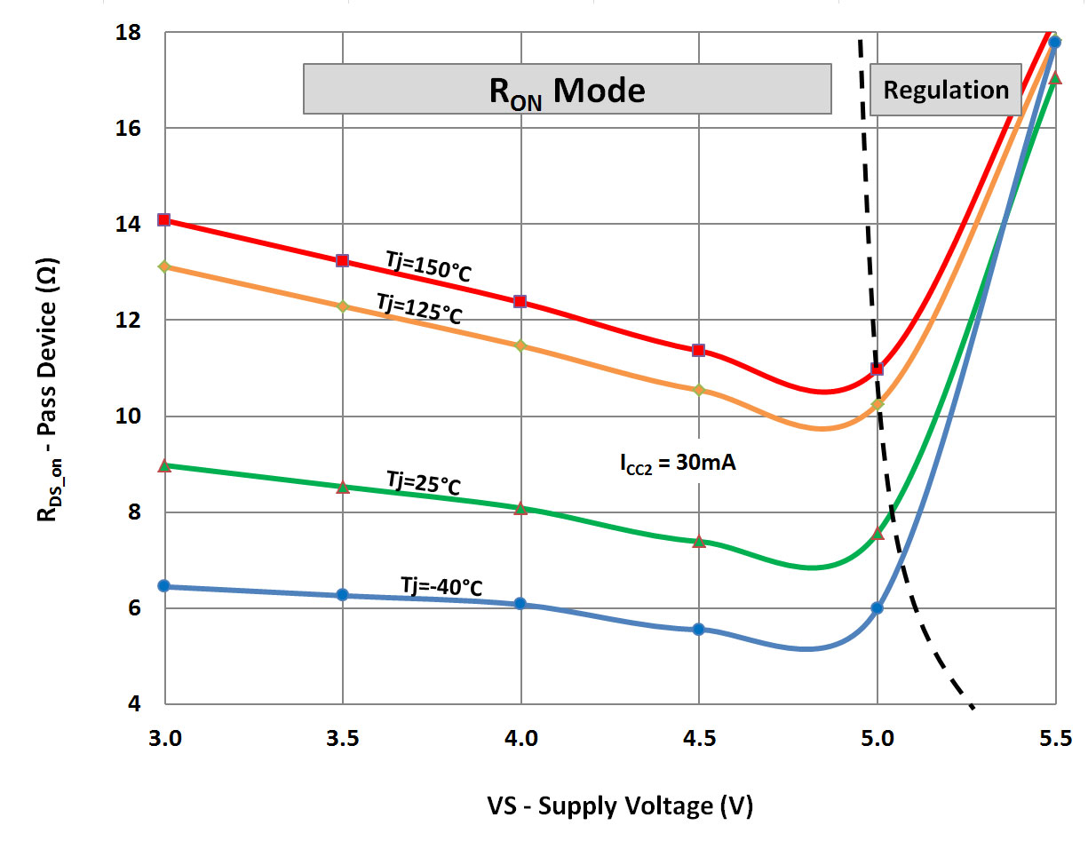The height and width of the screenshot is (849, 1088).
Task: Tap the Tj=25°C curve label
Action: click(x=423, y=484)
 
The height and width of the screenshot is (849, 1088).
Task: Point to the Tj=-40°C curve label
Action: click(x=441, y=586)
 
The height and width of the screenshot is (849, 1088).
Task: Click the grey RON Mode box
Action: click(x=567, y=89)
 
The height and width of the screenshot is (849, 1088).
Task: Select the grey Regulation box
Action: click(x=945, y=90)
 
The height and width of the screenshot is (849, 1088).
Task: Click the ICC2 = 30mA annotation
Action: click(x=678, y=464)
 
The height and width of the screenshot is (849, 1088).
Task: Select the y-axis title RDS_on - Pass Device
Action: click(x=50, y=368)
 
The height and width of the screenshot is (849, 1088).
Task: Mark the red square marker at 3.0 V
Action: click(x=163, y=219)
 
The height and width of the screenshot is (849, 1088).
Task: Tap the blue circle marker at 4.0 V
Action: click(x=520, y=604)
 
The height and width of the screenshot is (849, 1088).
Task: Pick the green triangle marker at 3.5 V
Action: click(x=343, y=487)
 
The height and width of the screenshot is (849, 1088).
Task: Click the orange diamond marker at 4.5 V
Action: click(x=699, y=390)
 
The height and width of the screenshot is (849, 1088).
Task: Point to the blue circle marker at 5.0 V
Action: click(x=878, y=607)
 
